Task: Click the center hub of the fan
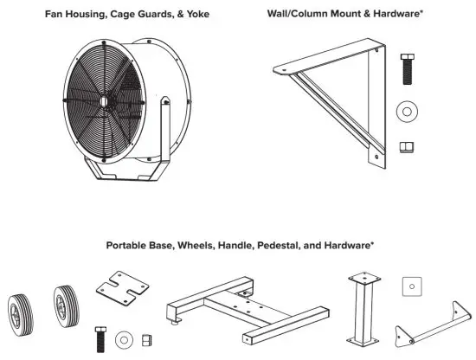(x=103, y=101)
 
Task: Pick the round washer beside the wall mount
(x=405, y=112)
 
